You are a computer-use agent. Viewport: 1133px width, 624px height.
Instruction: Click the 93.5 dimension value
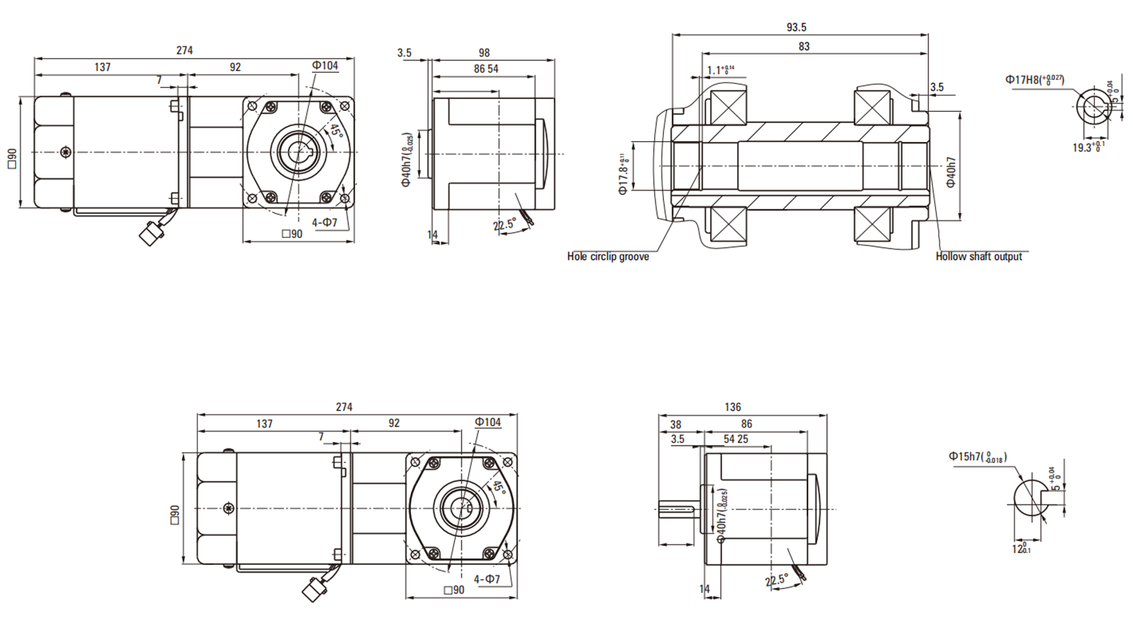pyautogui.click(x=796, y=27)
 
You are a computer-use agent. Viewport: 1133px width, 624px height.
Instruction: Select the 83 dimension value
pyautogui.click(x=804, y=47)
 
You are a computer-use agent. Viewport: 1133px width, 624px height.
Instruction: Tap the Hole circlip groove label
pyautogui.click(x=608, y=257)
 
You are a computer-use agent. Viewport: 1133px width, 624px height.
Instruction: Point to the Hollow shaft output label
pyautogui.click(x=978, y=257)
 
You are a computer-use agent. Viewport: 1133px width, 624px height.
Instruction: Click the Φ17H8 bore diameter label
pyautogui.click(x=1034, y=79)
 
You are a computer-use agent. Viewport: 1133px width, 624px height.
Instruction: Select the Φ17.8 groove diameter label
pyautogui.click(x=624, y=175)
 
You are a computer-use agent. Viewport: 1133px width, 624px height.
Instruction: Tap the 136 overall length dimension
pyautogui.click(x=733, y=407)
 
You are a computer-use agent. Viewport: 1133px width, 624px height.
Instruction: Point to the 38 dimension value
pyautogui.click(x=675, y=425)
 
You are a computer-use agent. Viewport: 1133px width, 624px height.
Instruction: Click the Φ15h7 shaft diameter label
pyautogui.click(x=977, y=457)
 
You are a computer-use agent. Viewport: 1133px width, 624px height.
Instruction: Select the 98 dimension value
pyautogui.click(x=484, y=53)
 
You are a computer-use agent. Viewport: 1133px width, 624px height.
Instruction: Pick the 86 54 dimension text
pyautogui.click(x=486, y=69)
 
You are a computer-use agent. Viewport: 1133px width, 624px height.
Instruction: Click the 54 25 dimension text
pyautogui.click(x=736, y=440)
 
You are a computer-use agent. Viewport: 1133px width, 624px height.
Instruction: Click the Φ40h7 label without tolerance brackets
pyautogui.click(x=951, y=172)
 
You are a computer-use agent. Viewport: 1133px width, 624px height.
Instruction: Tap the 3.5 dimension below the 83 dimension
pyautogui.click(x=937, y=88)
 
